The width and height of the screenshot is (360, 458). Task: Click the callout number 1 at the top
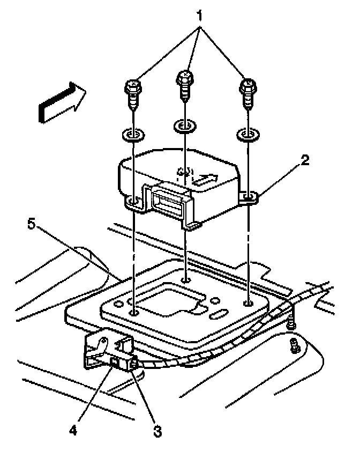200,17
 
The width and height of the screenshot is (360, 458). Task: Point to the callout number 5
33,225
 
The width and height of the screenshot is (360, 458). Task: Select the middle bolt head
185,77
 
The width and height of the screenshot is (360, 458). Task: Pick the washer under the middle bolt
185,126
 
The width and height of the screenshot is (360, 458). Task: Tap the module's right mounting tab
249,198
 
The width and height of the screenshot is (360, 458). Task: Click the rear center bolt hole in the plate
185,279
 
